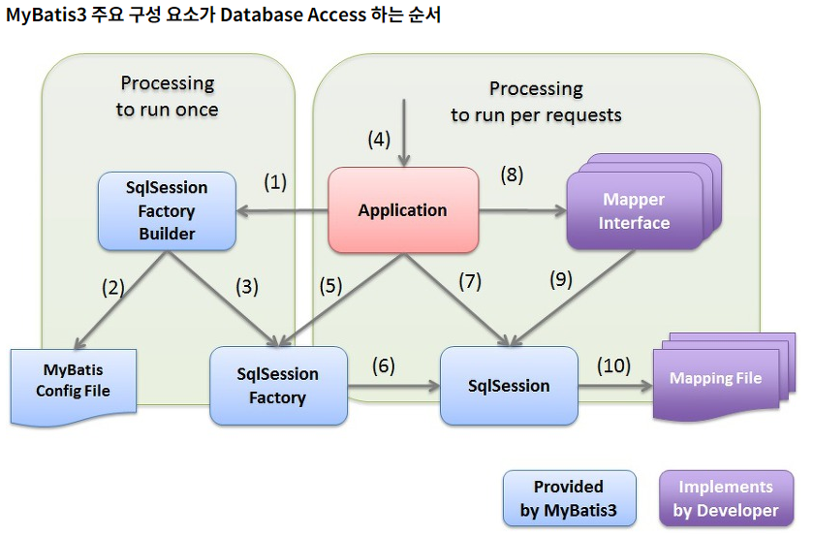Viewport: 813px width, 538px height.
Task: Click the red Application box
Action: coord(403,210)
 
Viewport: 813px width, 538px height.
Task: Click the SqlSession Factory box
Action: coord(278,386)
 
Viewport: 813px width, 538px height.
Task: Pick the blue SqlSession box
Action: coord(509,386)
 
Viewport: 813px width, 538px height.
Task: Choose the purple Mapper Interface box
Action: coord(634,211)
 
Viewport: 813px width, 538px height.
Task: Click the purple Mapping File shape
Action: coord(715,379)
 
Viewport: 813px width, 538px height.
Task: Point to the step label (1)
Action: coord(275,181)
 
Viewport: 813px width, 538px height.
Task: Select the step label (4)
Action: coord(379,139)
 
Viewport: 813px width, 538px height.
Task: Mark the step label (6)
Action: coord(384,365)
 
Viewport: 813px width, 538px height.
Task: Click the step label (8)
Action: coord(512,175)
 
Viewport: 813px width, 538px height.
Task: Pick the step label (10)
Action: coord(612,365)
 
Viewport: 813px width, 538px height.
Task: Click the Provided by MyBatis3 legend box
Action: coord(569,498)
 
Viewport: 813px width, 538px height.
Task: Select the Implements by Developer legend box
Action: coord(726,498)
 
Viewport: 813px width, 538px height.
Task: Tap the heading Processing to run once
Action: coord(168,96)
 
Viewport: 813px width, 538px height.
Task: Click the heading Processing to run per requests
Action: coord(536,101)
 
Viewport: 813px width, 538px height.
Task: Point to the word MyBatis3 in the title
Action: coord(42,16)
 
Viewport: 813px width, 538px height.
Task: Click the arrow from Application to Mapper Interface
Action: coord(523,210)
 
